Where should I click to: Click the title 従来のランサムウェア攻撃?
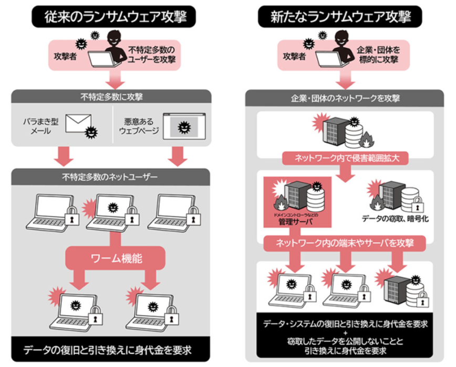click(x=111, y=17)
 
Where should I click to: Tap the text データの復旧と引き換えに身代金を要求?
click(x=111, y=350)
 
